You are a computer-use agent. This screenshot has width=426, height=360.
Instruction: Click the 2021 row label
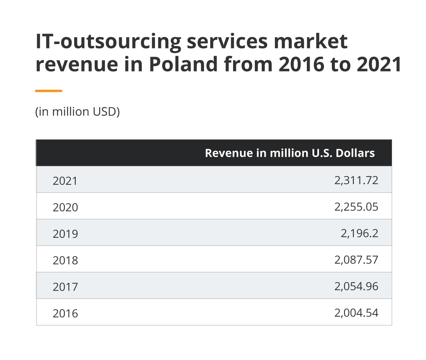[x=65, y=181]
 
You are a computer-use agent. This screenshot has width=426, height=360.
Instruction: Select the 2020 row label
[x=65, y=207]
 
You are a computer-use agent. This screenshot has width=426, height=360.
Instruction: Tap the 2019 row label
[x=65, y=234]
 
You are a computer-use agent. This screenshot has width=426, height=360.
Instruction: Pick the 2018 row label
[x=65, y=260]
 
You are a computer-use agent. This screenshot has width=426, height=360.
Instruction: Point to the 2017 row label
[x=65, y=287]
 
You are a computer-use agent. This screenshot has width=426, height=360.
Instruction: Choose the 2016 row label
[x=65, y=313]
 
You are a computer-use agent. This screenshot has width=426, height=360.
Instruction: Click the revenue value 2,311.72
[x=356, y=180]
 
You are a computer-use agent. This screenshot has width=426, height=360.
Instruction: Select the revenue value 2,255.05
[x=356, y=207]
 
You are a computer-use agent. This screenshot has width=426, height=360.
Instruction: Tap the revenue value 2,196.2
[x=359, y=233]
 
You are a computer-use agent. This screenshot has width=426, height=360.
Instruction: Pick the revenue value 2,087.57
[x=356, y=260]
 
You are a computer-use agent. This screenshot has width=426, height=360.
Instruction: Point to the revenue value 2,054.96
[x=356, y=286]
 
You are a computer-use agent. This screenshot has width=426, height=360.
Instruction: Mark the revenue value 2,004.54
[x=356, y=313]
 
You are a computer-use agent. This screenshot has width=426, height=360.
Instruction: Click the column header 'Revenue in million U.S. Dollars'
[x=290, y=153]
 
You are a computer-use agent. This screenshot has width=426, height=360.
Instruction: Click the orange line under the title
[x=49, y=91]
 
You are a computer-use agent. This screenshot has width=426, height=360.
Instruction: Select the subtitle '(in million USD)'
[x=77, y=112]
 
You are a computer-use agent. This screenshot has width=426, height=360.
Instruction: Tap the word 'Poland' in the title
[x=183, y=64]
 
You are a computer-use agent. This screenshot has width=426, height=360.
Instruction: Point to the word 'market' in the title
[x=310, y=41]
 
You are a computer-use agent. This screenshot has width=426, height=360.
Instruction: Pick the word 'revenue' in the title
[x=76, y=65]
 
